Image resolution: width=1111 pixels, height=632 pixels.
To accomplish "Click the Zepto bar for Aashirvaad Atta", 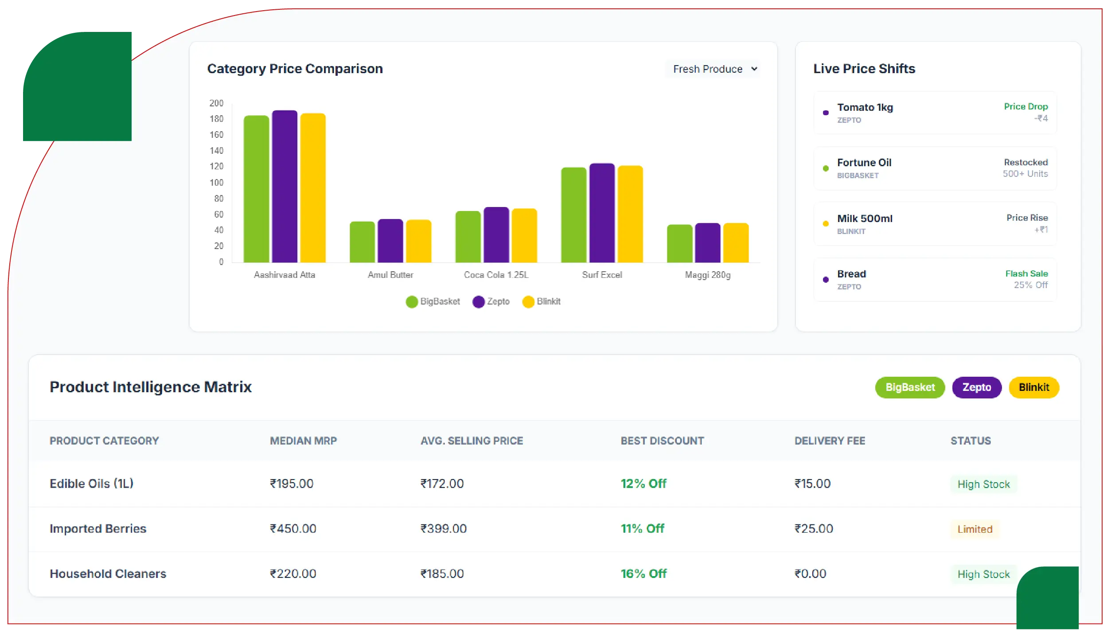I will pos(285,186).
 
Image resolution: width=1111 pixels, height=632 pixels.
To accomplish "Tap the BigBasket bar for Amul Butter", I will pos(362,242).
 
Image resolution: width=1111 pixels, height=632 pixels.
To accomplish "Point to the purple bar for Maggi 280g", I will pos(708,243).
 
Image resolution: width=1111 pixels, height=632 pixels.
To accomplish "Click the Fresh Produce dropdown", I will pos(714,69).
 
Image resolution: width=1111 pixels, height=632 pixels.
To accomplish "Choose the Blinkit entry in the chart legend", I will pos(542,302).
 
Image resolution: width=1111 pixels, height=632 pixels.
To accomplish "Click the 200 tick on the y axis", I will pos(216,103).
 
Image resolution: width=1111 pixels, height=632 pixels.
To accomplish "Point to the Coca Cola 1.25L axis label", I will pos(496,275).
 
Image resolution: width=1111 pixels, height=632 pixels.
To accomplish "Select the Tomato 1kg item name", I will pos(865,107).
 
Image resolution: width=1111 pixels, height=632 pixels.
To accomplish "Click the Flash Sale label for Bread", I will pos(1026,273).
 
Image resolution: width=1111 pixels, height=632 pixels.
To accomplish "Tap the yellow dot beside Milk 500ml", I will pos(826,224).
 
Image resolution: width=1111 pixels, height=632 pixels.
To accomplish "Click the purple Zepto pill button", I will pos(976,387).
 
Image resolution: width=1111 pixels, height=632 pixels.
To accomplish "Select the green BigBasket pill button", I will pos(910,387).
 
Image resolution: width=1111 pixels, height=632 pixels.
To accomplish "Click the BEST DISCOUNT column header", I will pos(662,441).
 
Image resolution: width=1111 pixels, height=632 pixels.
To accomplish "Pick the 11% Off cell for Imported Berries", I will pos(642,528).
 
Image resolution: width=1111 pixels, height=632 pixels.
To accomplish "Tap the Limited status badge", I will pos(975,529).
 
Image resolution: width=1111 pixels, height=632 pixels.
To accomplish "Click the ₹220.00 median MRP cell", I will pos(293,573).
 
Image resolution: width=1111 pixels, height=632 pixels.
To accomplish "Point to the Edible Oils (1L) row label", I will pos(91,484).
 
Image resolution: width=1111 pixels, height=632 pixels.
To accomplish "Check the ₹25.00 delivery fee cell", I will pos(814,528).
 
